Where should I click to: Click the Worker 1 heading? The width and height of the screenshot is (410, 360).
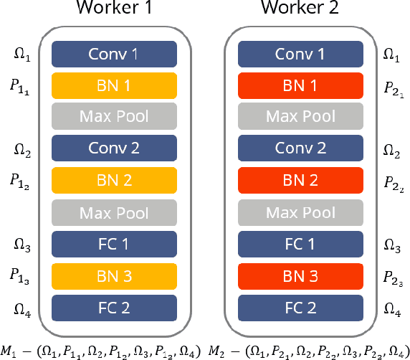(x=114, y=11)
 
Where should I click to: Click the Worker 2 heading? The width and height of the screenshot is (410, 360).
(x=300, y=11)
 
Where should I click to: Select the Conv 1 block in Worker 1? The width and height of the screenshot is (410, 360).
(x=114, y=54)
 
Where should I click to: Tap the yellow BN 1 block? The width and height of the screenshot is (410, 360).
(x=114, y=85)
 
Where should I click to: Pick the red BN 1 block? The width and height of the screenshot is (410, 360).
(x=300, y=85)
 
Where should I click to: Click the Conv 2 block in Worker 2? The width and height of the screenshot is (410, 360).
(x=300, y=148)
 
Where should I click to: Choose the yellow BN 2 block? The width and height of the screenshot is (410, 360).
(x=114, y=180)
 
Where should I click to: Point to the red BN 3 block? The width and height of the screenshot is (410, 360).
(x=300, y=275)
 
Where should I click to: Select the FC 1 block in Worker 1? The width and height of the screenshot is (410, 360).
(x=114, y=244)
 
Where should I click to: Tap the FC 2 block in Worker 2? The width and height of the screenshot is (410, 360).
(x=300, y=307)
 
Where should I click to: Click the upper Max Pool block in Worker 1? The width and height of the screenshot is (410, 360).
(x=114, y=117)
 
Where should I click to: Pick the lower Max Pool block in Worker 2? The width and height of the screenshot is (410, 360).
(x=300, y=212)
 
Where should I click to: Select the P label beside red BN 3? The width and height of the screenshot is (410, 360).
(x=394, y=277)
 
